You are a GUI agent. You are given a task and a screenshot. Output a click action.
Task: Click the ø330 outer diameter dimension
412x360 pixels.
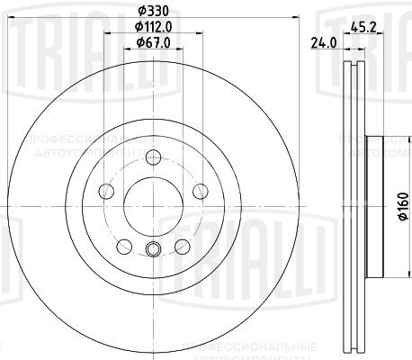pos(150,12)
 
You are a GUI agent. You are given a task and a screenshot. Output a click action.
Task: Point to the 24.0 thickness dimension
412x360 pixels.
pos(320,41)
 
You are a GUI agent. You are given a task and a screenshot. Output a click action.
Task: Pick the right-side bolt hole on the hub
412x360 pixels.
pos(197,192)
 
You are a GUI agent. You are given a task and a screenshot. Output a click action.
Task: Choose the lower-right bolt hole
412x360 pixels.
pos(181,246)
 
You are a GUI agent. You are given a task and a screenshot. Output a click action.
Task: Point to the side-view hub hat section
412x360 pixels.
pos(377,203)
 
